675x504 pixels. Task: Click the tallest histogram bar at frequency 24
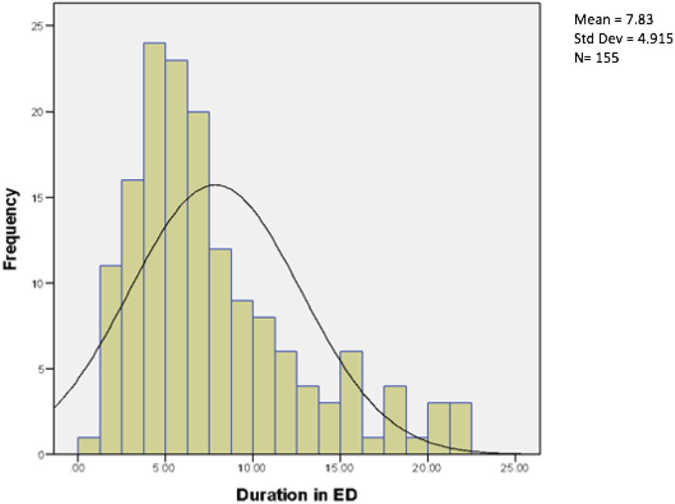click(x=154, y=249)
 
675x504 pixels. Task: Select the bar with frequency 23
click(x=176, y=257)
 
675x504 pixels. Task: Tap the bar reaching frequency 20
click(x=198, y=283)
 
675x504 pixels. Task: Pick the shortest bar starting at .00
click(x=88, y=446)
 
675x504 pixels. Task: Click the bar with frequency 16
click(x=132, y=317)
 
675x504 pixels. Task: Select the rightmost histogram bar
click(x=461, y=428)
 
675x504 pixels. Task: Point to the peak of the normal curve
click(x=214, y=184)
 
